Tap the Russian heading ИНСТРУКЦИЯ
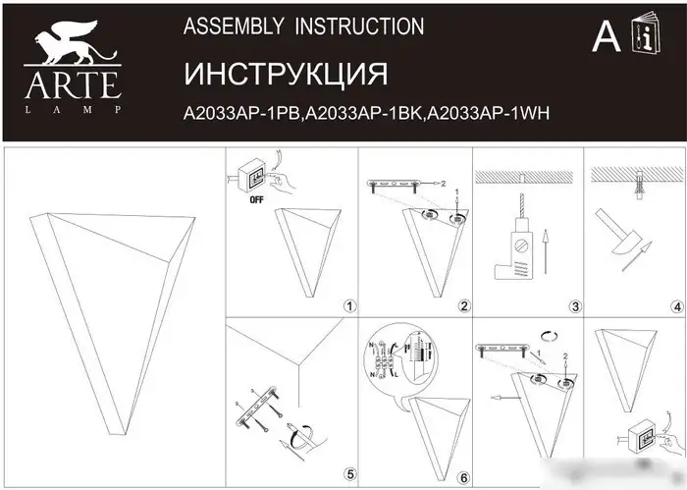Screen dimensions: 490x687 (x=286, y=75)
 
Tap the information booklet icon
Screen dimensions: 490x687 (x=650, y=36)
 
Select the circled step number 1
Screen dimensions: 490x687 (x=348, y=306)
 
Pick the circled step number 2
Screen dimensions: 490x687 (x=463, y=306)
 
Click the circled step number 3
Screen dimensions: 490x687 (x=576, y=306)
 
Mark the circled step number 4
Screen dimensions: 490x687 (x=676, y=306)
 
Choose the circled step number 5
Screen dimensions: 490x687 (x=348, y=477)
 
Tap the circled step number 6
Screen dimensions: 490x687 (x=463, y=477)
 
